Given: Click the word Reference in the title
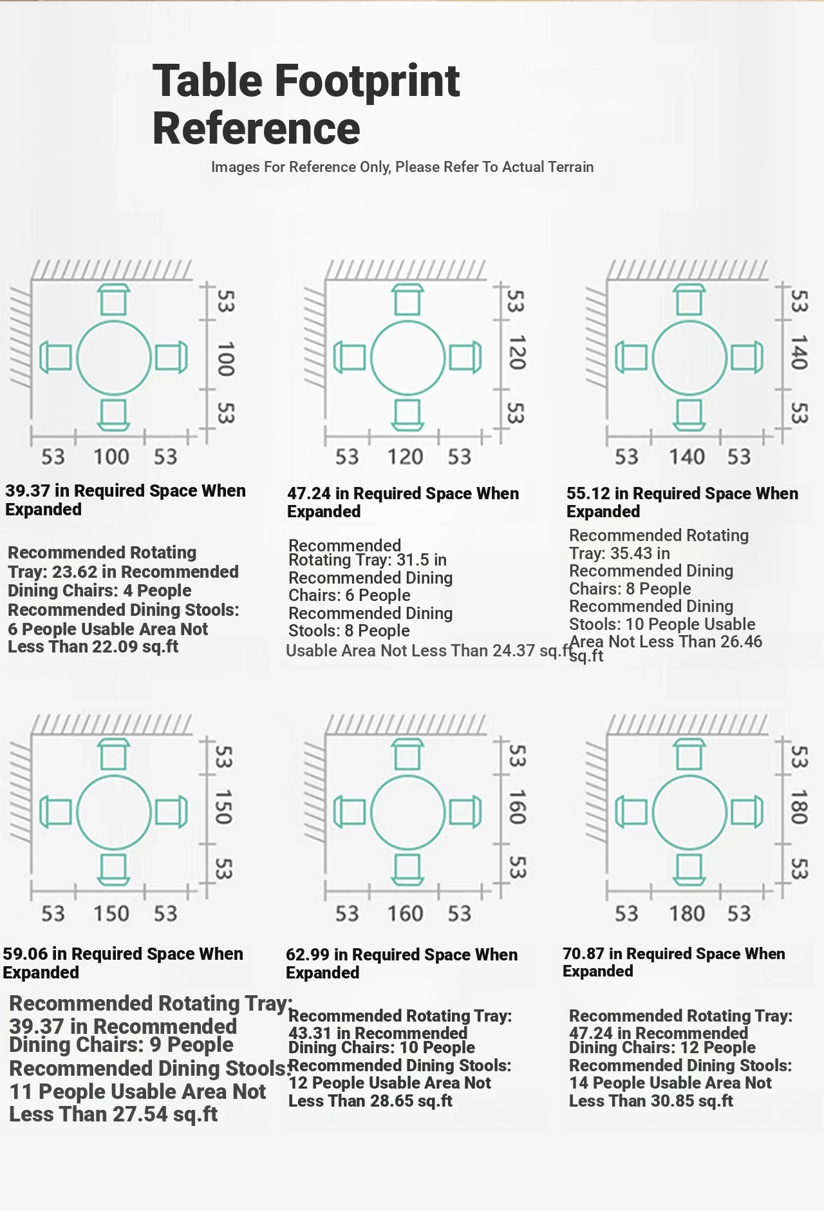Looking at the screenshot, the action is click(256, 128).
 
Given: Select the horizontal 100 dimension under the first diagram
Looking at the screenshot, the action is click(111, 457).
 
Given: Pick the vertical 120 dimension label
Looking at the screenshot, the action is click(516, 352).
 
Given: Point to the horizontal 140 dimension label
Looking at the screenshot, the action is click(687, 457).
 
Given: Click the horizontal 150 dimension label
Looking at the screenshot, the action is click(111, 913).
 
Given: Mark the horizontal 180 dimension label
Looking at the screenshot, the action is click(687, 913).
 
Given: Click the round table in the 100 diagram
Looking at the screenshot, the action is click(77, 358).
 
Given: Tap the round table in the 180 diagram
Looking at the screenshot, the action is click(653, 812).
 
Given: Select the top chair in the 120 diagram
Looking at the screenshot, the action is click(407, 300).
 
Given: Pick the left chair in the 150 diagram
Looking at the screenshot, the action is click(55, 812).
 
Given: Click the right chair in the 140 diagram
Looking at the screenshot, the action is click(747, 358).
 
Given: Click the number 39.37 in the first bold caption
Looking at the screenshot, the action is click(28, 491).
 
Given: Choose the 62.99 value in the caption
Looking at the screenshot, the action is click(308, 955).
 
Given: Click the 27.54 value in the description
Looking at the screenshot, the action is click(140, 1114).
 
